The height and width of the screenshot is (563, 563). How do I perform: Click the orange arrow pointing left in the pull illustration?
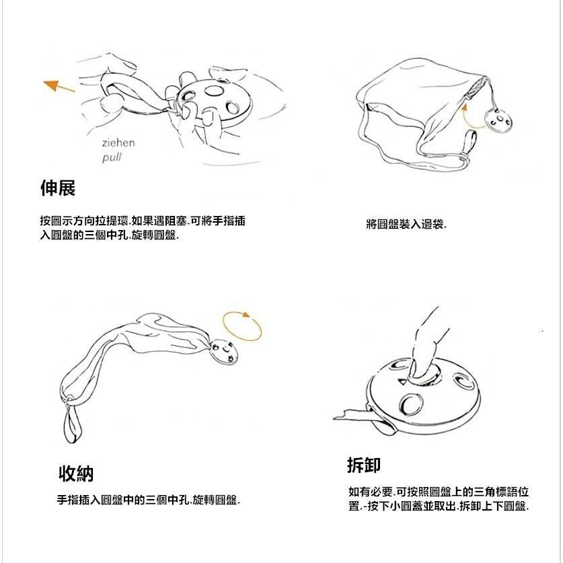59,86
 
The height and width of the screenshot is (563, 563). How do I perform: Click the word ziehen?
118,143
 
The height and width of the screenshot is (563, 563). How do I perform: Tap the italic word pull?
112,158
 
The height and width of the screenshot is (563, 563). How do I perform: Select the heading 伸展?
58,189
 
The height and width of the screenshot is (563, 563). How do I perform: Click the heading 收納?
75,474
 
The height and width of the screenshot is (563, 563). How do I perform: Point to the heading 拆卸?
364,465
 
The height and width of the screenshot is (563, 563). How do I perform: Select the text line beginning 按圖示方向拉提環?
143,221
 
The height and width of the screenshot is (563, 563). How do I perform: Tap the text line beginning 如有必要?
438,492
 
